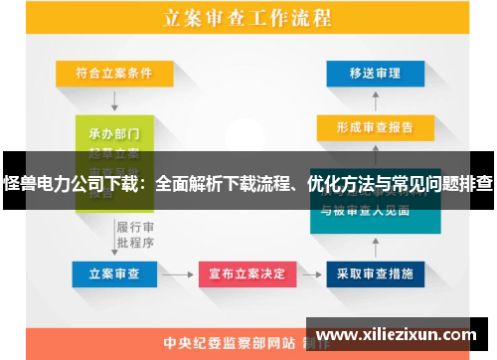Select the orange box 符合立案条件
[113, 72]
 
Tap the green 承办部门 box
[114, 133]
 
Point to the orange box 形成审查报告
[373, 127]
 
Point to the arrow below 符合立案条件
[114, 98]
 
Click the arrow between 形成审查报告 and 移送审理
[373, 99]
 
